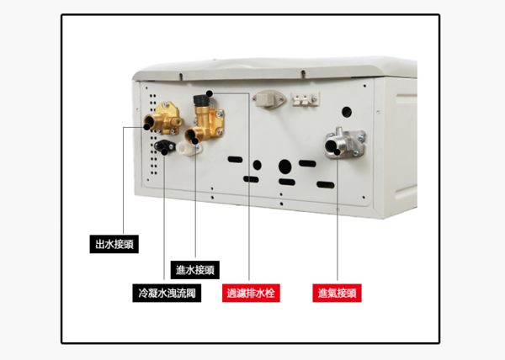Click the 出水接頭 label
pyautogui.click(x=114, y=244)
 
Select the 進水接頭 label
pyautogui.click(x=195, y=270)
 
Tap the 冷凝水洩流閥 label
pyautogui.click(x=167, y=293)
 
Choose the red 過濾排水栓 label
pyautogui.click(x=251, y=293)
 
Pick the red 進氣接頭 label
pyautogui.click(x=337, y=293)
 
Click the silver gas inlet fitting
pyautogui.click(x=344, y=144)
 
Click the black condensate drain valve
pyautogui.click(x=165, y=146)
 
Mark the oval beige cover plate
pyautogui.click(x=269, y=98)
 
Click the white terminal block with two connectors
pyautogui.click(x=306, y=98)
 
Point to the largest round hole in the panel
pyautogui.click(x=285, y=167)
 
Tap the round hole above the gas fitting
pyautogui.click(x=347, y=112)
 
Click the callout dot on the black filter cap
pyautogui.click(x=210, y=93)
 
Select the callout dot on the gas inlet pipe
pyautogui.click(x=337, y=152)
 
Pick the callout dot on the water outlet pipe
pyautogui.click(x=146, y=127)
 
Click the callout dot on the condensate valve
pyautogui.click(x=165, y=152)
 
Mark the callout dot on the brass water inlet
pyautogui.click(x=195, y=141)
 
